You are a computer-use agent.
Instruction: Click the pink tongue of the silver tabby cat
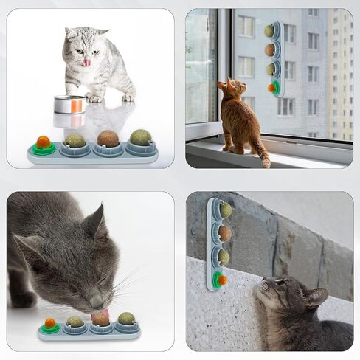pyautogui.click(x=87, y=63)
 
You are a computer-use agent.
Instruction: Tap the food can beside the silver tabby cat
pyautogui.click(x=69, y=104)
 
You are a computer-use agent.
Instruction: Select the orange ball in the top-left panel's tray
pyautogui.click(x=44, y=142)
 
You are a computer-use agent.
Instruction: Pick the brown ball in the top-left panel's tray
pyautogui.click(x=108, y=139)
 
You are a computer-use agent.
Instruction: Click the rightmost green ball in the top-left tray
pyautogui.click(x=139, y=137)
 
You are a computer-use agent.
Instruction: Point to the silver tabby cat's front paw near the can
pyautogui.click(x=94, y=97)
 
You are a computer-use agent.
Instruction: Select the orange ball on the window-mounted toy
pyautogui.click(x=271, y=88)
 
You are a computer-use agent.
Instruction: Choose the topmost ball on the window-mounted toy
pyautogui.click(x=270, y=31)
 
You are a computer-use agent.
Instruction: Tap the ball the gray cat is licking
pyautogui.click(x=100, y=318)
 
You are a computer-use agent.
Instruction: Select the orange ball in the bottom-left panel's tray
pyautogui.click(x=51, y=323)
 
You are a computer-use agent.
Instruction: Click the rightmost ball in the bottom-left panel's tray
pyautogui.click(x=127, y=319)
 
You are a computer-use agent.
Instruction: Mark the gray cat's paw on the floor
pyautogui.click(x=22, y=300)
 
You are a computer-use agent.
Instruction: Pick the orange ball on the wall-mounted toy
pyautogui.click(x=221, y=280)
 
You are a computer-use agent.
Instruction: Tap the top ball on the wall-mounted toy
pyautogui.click(x=225, y=210)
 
